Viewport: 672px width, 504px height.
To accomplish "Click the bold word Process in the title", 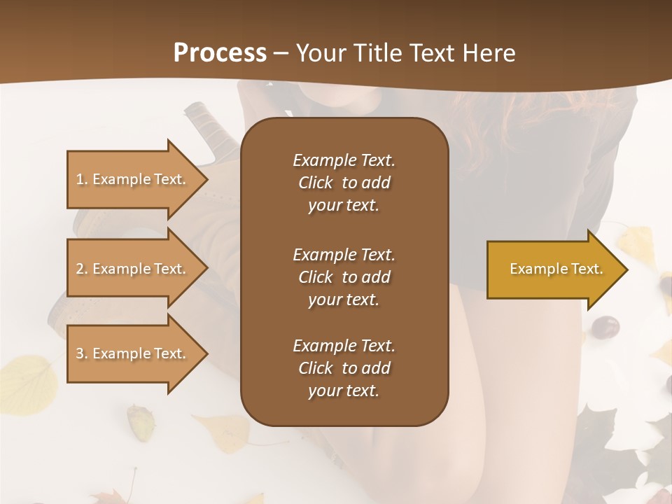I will click(x=220, y=52).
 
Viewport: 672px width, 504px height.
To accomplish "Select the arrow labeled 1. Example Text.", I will click(x=131, y=179).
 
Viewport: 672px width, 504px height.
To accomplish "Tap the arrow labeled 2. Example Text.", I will click(x=131, y=269).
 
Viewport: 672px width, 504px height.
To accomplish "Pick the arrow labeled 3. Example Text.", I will click(x=131, y=353).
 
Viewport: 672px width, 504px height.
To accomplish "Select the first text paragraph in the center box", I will click(x=344, y=183).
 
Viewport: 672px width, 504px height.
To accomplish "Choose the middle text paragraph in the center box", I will click(x=344, y=276).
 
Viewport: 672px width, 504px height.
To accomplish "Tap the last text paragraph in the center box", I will click(x=344, y=368).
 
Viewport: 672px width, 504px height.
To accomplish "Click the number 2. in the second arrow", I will click(x=82, y=269).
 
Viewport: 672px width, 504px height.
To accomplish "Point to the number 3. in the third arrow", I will click(x=82, y=353).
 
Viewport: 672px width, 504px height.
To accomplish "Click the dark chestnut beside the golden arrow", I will click(x=605, y=326).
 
